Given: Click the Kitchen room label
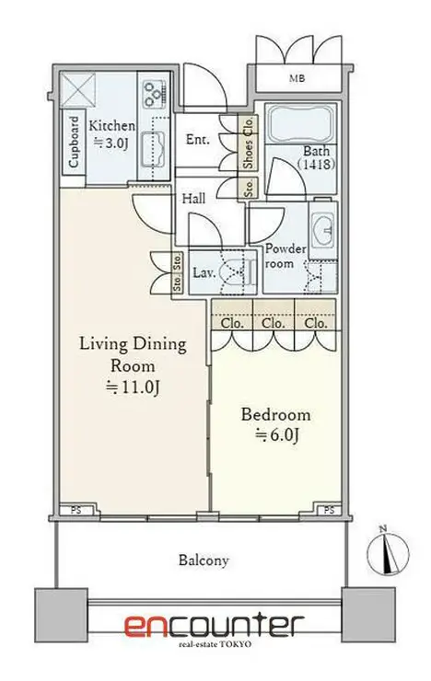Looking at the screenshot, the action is point(111,126).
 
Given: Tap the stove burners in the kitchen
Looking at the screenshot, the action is point(155,94).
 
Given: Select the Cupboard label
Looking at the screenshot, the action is point(74,142).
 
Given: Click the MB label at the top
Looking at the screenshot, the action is point(297,78).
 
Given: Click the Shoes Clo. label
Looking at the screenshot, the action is point(248,144).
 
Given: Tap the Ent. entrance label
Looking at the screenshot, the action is point(198,139).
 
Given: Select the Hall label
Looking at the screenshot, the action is point(193,199).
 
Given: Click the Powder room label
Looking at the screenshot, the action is point(285,256).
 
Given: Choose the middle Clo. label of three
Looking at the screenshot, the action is point(274,324).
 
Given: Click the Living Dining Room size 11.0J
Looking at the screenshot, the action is point(134,387).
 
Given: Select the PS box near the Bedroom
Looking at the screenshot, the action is point(329,510).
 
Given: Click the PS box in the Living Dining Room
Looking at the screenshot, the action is point(76,511).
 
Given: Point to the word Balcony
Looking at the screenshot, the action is point(204,560).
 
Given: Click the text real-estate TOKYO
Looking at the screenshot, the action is point(215,644).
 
